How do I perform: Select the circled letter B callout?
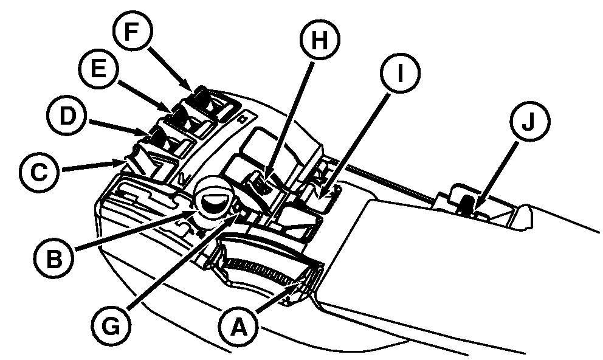tap(54, 254)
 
